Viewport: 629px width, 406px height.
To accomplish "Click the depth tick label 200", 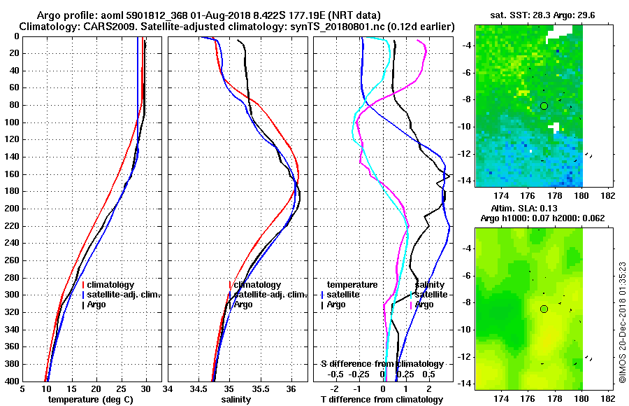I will (10, 209).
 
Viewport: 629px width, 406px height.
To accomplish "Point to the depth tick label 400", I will (10, 381).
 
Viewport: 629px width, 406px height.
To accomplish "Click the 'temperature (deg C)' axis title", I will (90, 400).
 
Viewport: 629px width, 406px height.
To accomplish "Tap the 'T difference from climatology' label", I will (382, 400).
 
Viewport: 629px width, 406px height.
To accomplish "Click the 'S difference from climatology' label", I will (382, 364).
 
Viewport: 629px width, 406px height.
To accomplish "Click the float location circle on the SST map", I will (544, 106).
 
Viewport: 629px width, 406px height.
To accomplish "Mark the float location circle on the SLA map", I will (544, 309).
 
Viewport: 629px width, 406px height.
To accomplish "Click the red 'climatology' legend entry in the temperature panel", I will (110, 285).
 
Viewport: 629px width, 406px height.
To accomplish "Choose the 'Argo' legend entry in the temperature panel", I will (96, 304).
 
